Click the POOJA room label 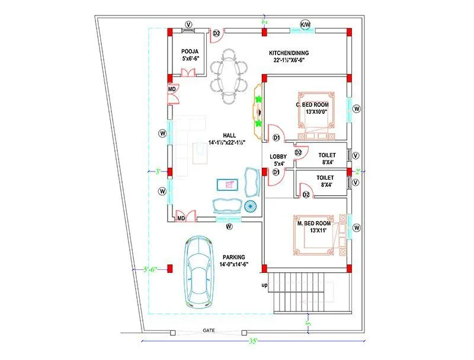point(190,56)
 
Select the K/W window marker point(306,24)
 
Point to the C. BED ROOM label point(312,109)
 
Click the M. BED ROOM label point(314,227)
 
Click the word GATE point(209,329)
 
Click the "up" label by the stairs point(264,286)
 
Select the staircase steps point(308,292)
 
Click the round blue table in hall point(250,206)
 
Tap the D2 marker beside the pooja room point(216,33)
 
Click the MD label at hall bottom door point(181,219)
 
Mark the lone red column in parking point(170,269)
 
